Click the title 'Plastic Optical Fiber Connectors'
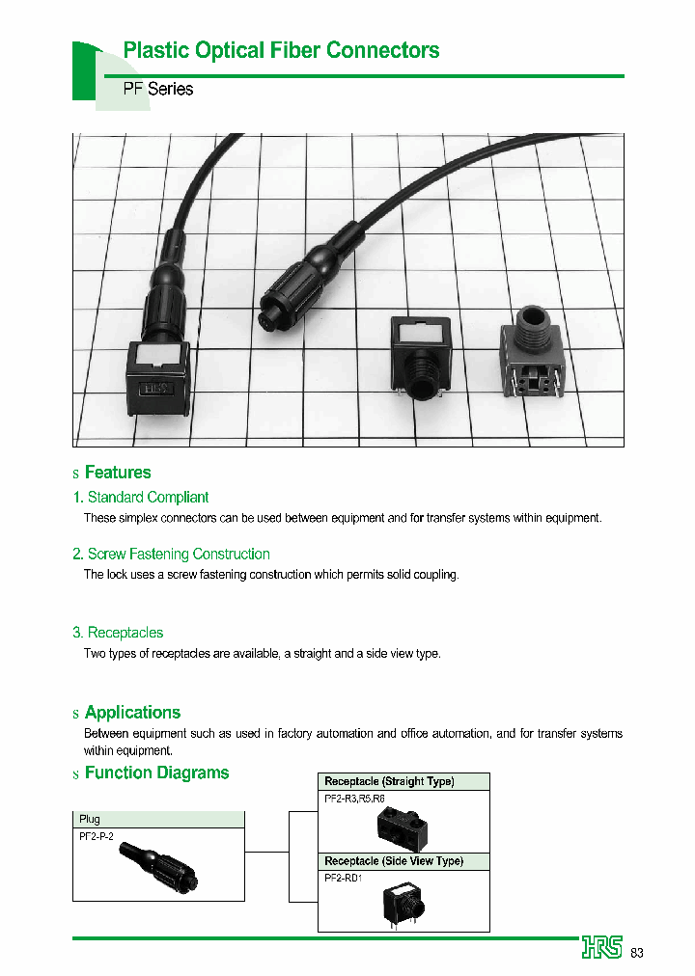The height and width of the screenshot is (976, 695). [x=281, y=50]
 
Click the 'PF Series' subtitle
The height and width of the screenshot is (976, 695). [x=158, y=89]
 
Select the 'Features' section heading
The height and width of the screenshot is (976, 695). [x=118, y=473]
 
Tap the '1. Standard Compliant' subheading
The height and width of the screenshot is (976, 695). [x=141, y=498]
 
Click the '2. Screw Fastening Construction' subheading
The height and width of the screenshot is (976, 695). [x=171, y=555]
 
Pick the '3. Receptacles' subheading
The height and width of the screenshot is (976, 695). [x=118, y=633]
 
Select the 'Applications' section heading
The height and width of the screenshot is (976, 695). [x=132, y=713]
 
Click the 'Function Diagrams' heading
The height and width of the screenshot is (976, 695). [x=156, y=773]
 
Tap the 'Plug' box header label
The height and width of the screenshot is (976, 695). [x=90, y=819]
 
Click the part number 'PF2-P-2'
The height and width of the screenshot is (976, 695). [x=97, y=836]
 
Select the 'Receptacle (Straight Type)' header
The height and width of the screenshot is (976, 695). [x=389, y=781]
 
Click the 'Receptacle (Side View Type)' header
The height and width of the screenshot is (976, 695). [x=394, y=861]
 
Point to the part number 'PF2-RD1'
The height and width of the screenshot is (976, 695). [x=343, y=879]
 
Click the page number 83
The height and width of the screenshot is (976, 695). [x=637, y=953]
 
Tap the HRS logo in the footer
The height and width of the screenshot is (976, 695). [x=602, y=948]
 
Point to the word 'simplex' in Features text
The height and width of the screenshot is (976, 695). [x=139, y=518]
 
